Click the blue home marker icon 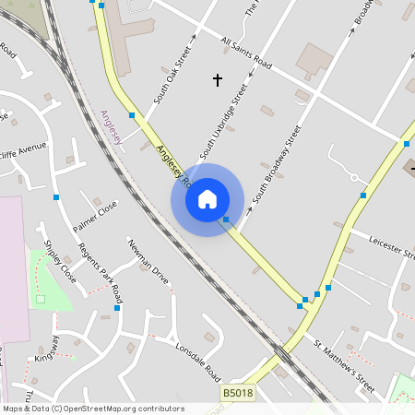[207, 199]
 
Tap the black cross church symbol [218, 80]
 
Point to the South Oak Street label [172, 74]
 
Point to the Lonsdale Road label [197, 360]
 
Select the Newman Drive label [148, 262]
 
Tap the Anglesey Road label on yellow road [172, 164]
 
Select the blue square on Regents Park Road [117, 307]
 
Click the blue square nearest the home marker [226, 219]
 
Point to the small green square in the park [41, 299]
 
